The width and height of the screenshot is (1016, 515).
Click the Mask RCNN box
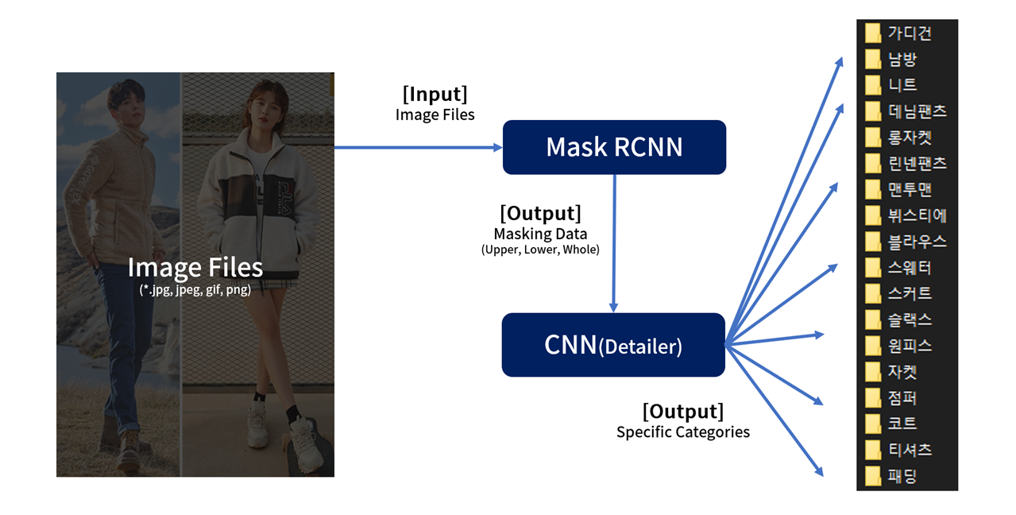(x=614, y=147)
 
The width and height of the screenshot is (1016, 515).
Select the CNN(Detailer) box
(x=612, y=345)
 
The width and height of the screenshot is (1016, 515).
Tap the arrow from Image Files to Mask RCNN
(x=418, y=147)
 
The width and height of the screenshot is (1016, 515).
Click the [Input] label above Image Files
(x=435, y=94)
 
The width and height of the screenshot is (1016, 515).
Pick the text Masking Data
(x=540, y=234)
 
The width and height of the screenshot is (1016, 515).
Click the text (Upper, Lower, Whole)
(x=540, y=250)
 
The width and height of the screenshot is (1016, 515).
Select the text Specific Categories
(x=682, y=432)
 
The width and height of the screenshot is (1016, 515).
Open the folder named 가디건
(x=898, y=33)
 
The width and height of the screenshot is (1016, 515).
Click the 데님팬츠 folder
(x=906, y=110)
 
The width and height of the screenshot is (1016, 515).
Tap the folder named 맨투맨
(x=898, y=189)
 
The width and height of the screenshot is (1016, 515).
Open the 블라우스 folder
(x=906, y=241)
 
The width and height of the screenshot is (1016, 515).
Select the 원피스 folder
(x=898, y=346)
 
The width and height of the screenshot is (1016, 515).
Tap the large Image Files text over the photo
(x=195, y=268)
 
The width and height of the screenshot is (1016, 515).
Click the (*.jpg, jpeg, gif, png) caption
(x=195, y=290)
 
